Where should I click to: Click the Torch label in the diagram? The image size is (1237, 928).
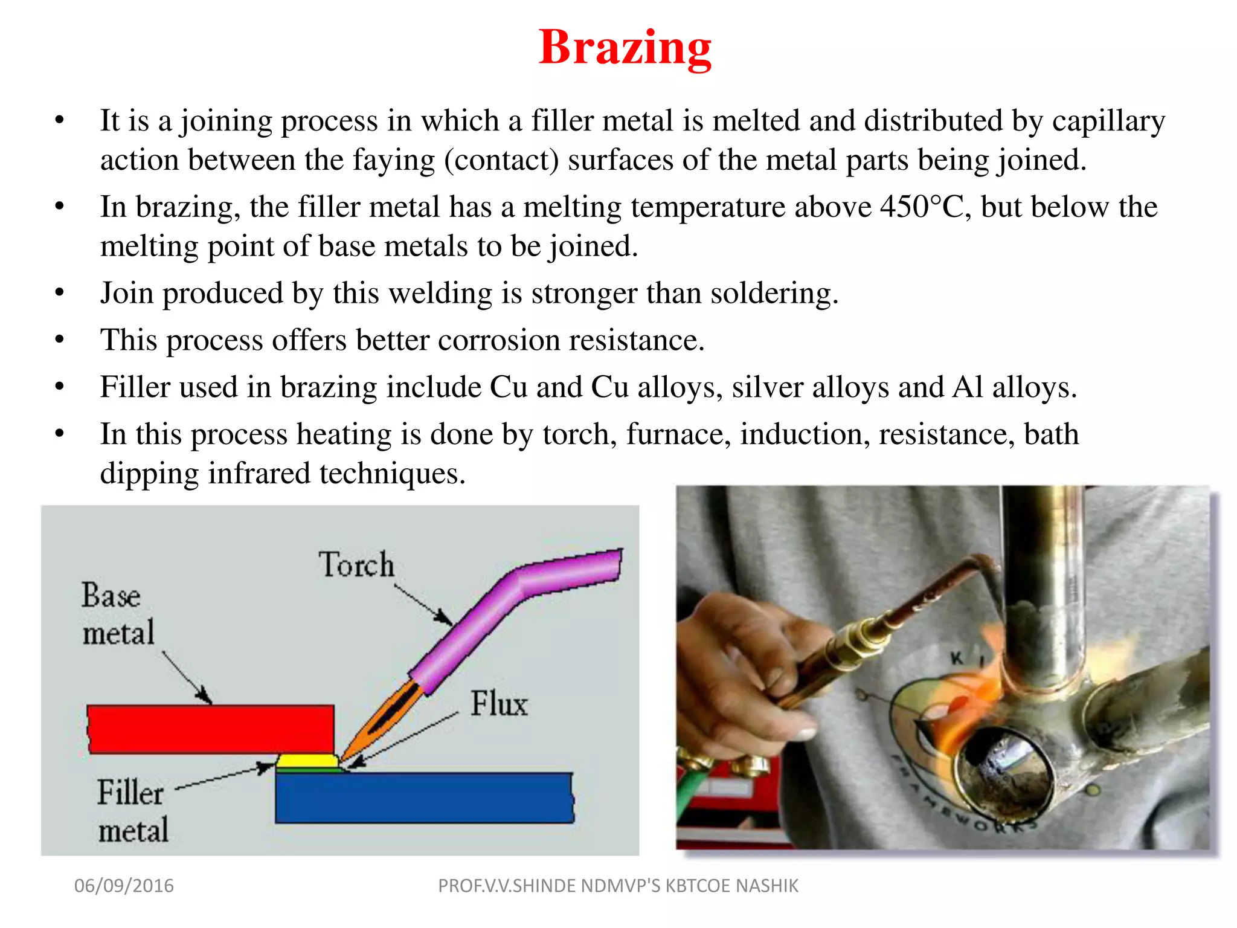(x=356, y=565)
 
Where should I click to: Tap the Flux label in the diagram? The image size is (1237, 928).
(x=499, y=704)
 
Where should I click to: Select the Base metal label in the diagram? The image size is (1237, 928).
(x=117, y=614)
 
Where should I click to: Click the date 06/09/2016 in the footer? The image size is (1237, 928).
(x=124, y=886)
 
